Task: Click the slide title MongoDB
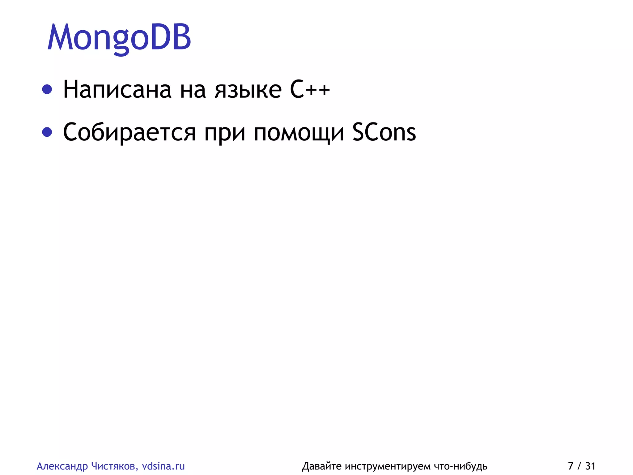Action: click(x=119, y=38)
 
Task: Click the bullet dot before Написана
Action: click(x=47, y=90)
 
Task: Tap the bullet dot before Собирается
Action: click(x=47, y=132)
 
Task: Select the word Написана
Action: click(x=117, y=90)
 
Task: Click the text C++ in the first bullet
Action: click(x=310, y=90)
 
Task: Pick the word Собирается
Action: click(x=129, y=132)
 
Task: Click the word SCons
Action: click(x=384, y=132)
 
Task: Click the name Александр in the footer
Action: click(x=62, y=466)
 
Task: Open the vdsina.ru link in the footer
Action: click(x=163, y=466)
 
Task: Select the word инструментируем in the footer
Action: click(x=388, y=466)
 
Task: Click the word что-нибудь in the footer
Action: click(x=461, y=466)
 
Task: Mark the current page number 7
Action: click(x=571, y=466)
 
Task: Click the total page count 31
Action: click(x=590, y=466)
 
